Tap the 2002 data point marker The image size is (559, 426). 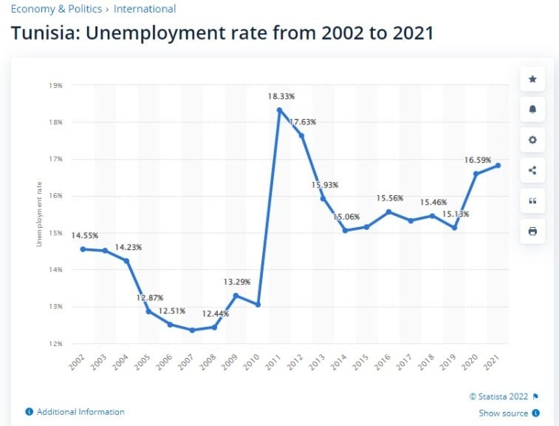[83, 248]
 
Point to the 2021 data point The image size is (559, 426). [497, 165]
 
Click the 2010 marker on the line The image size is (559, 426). [258, 305]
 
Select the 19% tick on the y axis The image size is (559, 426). [56, 86]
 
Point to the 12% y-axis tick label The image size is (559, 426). [56, 343]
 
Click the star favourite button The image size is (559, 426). [532, 79]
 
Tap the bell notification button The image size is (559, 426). [532, 109]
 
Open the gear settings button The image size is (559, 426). [532, 140]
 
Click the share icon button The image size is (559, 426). [532, 171]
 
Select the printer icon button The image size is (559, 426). [532, 231]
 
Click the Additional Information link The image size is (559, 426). [80, 412]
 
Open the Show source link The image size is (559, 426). [504, 413]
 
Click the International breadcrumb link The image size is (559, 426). [145, 10]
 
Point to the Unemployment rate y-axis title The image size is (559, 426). [39, 214]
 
